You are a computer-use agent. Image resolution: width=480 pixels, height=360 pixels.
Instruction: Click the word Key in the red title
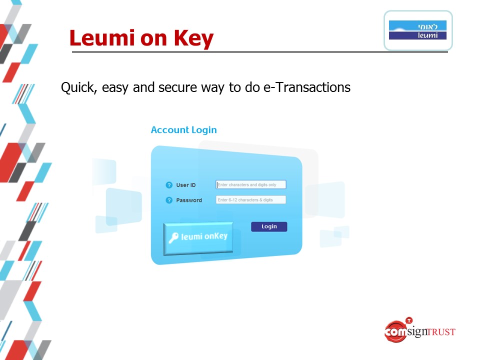pos(193,39)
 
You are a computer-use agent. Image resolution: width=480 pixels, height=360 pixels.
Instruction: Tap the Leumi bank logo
pos(418,30)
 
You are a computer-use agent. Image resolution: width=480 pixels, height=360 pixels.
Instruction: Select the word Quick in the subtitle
pos(79,87)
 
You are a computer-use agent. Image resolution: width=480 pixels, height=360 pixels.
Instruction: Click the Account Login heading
pos(183,130)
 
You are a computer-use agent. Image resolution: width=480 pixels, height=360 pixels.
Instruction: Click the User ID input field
pos(250,184)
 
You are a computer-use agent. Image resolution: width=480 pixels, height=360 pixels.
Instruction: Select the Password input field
pos(250,200)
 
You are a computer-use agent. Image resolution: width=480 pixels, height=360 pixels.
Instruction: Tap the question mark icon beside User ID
pos(169,185)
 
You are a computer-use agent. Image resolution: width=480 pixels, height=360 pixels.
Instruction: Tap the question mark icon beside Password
pos(169,200)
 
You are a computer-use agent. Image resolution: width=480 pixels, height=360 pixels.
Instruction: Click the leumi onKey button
pos(198,238)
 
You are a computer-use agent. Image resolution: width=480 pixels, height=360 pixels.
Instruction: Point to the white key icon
pos(173,237)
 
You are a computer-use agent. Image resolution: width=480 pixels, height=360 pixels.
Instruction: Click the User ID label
pos(186,185)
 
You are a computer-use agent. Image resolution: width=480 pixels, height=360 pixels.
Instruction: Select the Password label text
pos(189,200)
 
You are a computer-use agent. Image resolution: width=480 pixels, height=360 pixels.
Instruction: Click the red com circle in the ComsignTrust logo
pos(395,331)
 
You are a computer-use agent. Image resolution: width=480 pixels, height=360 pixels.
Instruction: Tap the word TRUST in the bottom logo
pos(441,332)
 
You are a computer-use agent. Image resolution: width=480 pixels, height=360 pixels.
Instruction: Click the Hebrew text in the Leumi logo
pos(427,26)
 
